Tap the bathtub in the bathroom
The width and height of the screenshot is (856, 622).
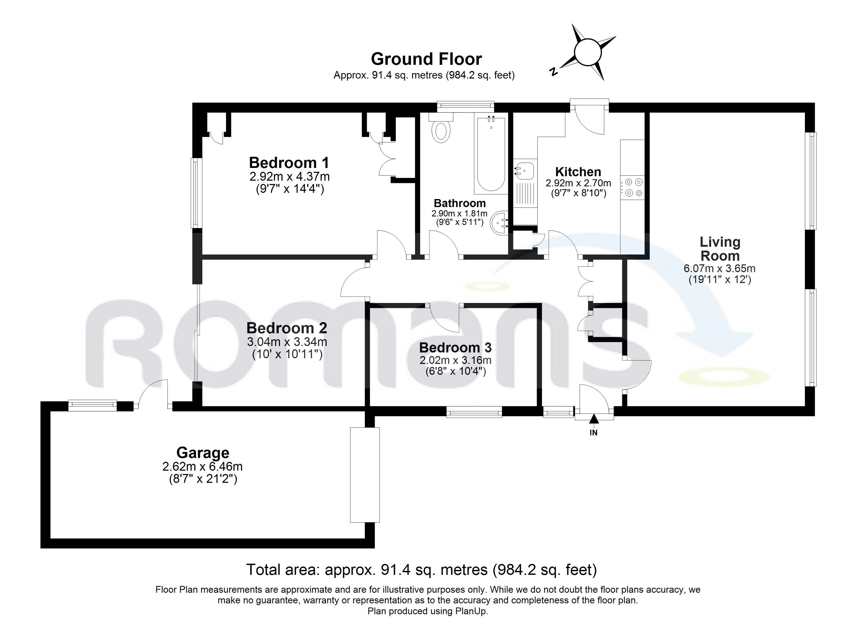click(x=491, y=155)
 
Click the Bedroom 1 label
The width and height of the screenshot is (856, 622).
click(x=289, y=162)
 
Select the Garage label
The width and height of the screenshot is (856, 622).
click(x=203, y=453)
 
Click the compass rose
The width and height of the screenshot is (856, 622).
click(x=587, y=52)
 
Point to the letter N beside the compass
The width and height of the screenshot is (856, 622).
click(x=554, y=71)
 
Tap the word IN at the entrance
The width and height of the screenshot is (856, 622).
click(x=594, y=433)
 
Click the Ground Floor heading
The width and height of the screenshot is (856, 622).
click(x=426, y=59)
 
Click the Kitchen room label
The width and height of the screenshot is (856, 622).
click(x=578, y=172)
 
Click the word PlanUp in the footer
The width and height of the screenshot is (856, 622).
click(x=473, y=611)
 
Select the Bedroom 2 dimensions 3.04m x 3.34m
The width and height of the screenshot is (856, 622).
click(x=287, y=342)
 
